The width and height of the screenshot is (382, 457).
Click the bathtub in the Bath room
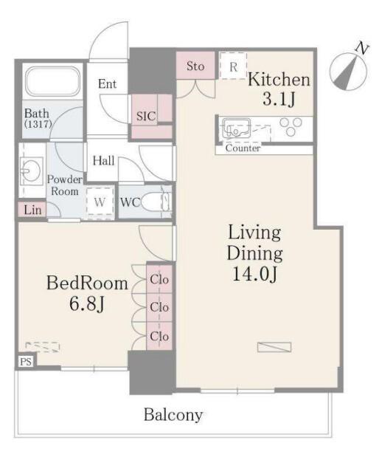(x=52, y=80)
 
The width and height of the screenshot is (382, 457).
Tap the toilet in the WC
(x=156, y=202)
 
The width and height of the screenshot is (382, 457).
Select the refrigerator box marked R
(x=233, y=66)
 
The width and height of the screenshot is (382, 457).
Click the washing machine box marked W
(x=100, y=202)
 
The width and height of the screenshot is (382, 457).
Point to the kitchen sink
(x=236, y=128)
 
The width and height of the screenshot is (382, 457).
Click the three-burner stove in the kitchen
(x=291, y=126)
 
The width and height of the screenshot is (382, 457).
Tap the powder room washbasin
(x=30, y=171)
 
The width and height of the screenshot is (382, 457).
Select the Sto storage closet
(x=195, y=65)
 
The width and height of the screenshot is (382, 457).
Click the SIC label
(x=146, y=117)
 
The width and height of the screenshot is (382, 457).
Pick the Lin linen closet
(x=32, y=210)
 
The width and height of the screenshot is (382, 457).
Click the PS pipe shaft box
(x=26, y=362)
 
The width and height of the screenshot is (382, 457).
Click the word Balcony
(x=173, y=415)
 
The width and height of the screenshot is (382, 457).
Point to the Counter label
(x=243, y=148)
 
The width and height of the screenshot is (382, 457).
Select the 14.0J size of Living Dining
(x=254, y=274)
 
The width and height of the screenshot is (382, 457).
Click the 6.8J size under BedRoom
(x=87, y=304)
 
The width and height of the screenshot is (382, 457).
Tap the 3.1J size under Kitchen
(x=279, y=99)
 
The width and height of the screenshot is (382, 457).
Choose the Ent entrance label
(x=107, y=84)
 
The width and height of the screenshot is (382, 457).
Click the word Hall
(x=103, y=161)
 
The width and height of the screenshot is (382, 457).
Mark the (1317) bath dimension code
(x=38, y=125)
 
